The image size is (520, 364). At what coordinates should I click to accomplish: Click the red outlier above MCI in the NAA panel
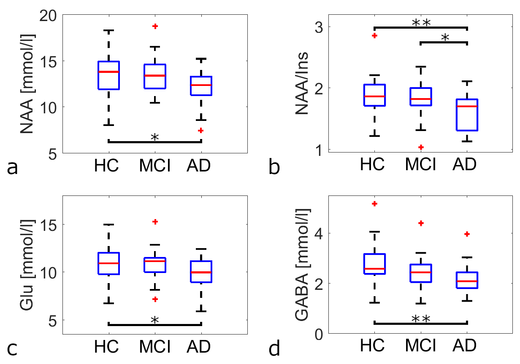point(155,26)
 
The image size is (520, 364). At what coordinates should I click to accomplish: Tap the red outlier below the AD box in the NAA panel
point(201,131)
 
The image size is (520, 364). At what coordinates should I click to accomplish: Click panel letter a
point(13,168)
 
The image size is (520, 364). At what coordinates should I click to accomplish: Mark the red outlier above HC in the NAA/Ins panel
point(374,36)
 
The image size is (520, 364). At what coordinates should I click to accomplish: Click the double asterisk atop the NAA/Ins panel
point(421,24)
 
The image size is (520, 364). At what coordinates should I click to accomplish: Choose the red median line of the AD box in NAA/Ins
point(466,106)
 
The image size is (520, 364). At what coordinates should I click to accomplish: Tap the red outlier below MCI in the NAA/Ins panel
point(421,147)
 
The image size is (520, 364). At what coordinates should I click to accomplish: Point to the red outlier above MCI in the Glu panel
point(155,222)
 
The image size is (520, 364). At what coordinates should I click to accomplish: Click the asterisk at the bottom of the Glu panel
point(154,320)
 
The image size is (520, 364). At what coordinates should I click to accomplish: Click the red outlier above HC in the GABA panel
point(374,204)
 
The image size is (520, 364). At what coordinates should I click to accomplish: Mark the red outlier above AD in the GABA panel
point(466,234)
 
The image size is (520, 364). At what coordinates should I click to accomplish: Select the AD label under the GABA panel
point(466,346)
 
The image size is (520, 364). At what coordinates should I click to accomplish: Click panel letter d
point(274,349)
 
